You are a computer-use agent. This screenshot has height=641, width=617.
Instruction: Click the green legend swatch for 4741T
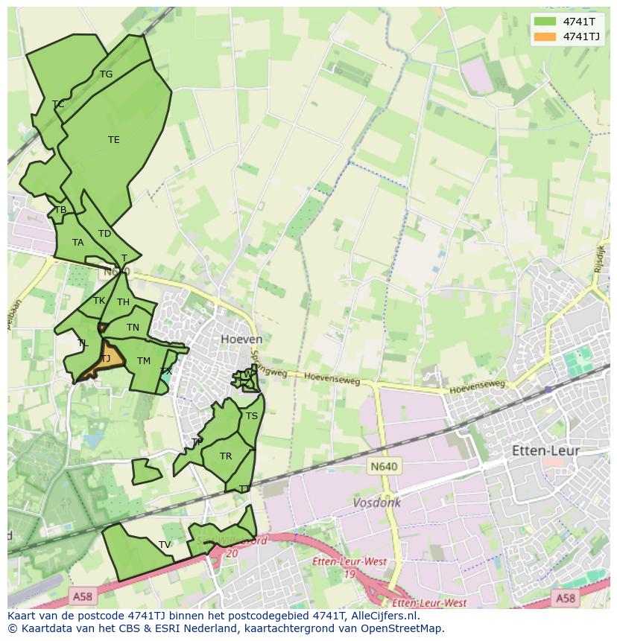tap(545, 21)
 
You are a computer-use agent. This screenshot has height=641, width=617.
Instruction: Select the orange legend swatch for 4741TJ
tap(545, 36)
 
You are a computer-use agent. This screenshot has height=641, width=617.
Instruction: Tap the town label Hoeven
tap(241, 339)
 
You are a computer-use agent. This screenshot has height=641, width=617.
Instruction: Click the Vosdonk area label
tap(376, 503)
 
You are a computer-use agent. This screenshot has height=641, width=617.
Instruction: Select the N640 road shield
tap(384, 467)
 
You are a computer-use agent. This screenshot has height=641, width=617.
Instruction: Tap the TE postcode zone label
tap(113, 140)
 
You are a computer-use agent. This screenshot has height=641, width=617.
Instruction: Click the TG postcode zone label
tap(106, 74)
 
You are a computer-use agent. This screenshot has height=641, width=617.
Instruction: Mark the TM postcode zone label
tap(144, 361)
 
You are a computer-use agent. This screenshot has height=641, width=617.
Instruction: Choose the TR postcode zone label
tap(226, 456)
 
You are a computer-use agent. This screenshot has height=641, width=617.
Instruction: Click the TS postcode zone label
tap(252, 416)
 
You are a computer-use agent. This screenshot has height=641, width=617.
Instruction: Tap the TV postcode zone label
tap(165, 545)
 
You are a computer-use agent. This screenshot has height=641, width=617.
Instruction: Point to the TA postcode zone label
tap(78, 243)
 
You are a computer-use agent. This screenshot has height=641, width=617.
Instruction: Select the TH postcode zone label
tap(123, 302)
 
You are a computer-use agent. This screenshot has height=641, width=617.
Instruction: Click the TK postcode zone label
tap(99, 301)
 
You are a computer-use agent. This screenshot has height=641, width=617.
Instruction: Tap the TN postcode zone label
tap(133, 328)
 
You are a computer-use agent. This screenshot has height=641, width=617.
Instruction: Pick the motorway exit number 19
tap(349, 575)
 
